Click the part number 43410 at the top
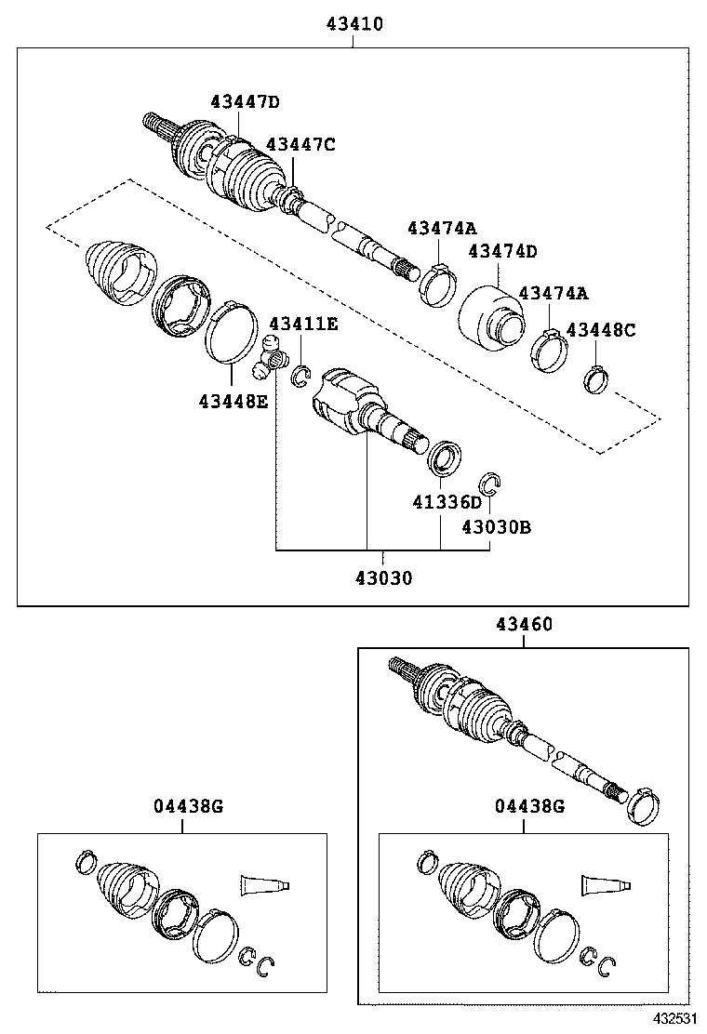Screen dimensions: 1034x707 click(x=354, y=24)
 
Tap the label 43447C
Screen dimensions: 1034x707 click(x=300, y=144)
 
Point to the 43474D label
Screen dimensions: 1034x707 click(x=502, y=251)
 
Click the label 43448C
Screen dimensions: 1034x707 click(x=601, y=330)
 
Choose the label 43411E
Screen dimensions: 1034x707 click(x=303, y=324)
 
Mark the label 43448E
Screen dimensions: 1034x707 click(x=233, y=402)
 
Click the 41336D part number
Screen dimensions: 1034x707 click(x=448, y=503)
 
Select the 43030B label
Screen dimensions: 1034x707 click(x=497, y=527)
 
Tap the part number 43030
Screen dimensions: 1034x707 click(x=382, y=578)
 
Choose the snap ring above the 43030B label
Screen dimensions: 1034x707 click(x=489, y=483)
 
